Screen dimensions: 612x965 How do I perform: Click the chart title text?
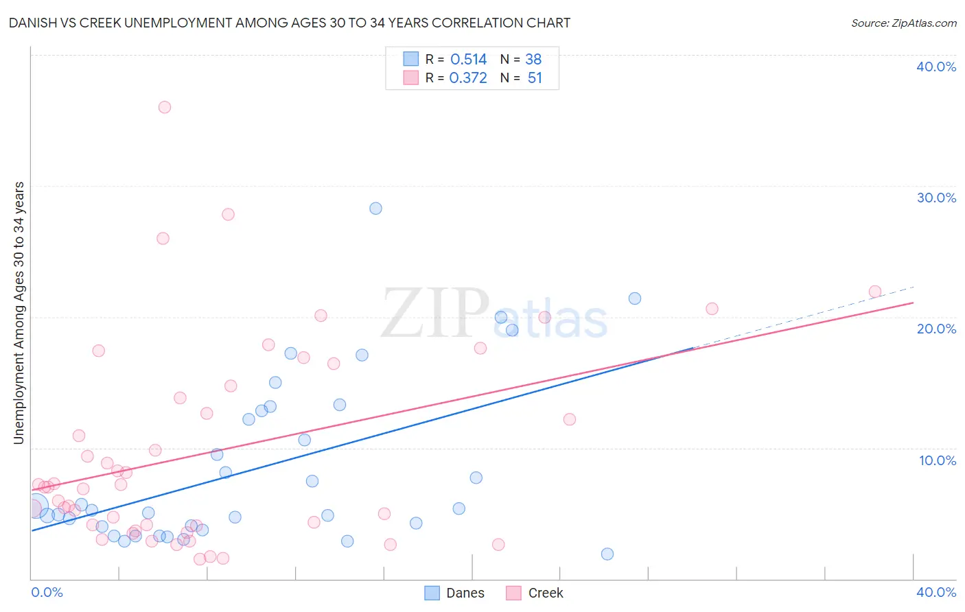289,23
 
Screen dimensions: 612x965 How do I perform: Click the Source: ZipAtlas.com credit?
903,23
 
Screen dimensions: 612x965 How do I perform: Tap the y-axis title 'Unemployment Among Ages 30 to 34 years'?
19,313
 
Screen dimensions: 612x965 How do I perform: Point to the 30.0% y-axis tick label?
936,198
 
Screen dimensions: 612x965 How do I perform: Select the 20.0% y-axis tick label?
936,329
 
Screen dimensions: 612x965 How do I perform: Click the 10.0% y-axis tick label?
938,460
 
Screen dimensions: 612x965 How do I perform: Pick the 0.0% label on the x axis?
47,592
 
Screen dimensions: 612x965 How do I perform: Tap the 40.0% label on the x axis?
936,592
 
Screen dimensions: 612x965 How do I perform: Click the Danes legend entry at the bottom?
454,593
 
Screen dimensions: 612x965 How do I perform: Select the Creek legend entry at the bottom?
535,593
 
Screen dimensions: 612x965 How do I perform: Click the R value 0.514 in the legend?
469,60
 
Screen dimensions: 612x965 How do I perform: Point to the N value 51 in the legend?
535,78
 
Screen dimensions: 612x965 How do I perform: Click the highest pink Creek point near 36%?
165,107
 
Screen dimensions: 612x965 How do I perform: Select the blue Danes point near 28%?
375,209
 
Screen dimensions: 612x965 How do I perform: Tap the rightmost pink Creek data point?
875,292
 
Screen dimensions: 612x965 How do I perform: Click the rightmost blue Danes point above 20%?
635,298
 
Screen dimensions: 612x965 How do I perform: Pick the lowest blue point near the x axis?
607,554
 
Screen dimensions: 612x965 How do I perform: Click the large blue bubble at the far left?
36,506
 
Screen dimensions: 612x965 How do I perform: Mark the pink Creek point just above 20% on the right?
712,309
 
